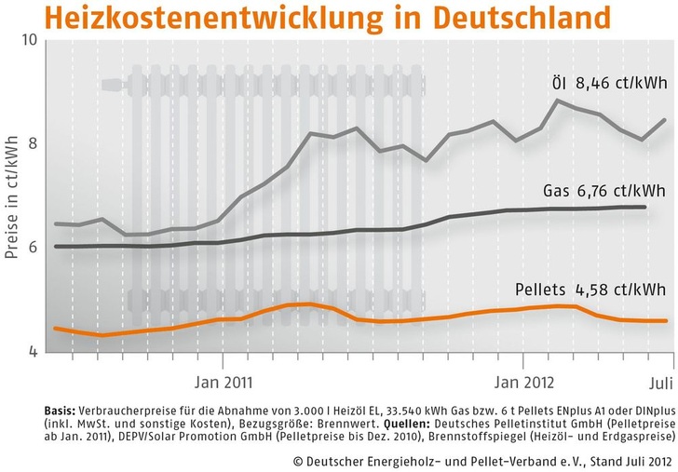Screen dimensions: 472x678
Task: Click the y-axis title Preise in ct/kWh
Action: (x=12, y=196)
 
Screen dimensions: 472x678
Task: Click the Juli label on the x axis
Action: (x=658, y=381)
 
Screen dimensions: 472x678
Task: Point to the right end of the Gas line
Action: (x=645, y=207)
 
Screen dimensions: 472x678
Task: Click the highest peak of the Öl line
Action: (x=558, y=101)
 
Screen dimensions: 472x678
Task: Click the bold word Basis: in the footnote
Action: (x=62, y=410)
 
